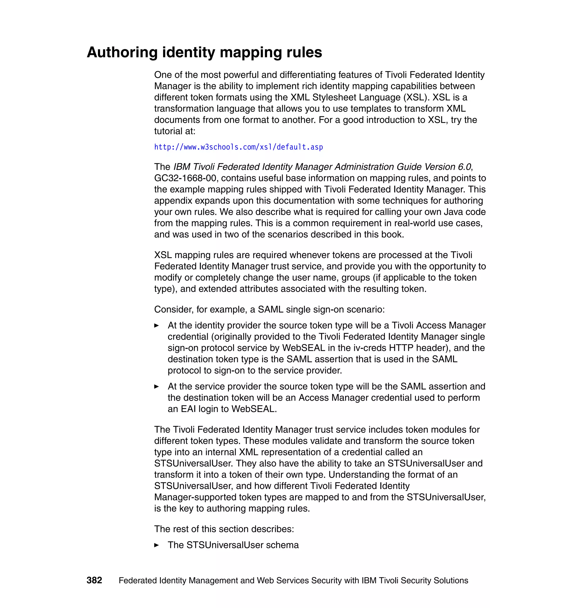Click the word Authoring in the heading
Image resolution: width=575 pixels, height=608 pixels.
122,53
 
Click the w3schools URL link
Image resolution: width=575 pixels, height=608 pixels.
238,147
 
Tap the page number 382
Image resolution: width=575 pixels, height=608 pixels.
94,580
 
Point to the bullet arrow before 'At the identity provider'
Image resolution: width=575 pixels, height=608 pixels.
156,325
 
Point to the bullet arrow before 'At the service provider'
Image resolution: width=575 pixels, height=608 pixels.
156,387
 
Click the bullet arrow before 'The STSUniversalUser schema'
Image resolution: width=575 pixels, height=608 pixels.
156,545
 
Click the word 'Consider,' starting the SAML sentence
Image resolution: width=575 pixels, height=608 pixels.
174,310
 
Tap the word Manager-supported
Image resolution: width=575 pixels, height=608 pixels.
197,497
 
